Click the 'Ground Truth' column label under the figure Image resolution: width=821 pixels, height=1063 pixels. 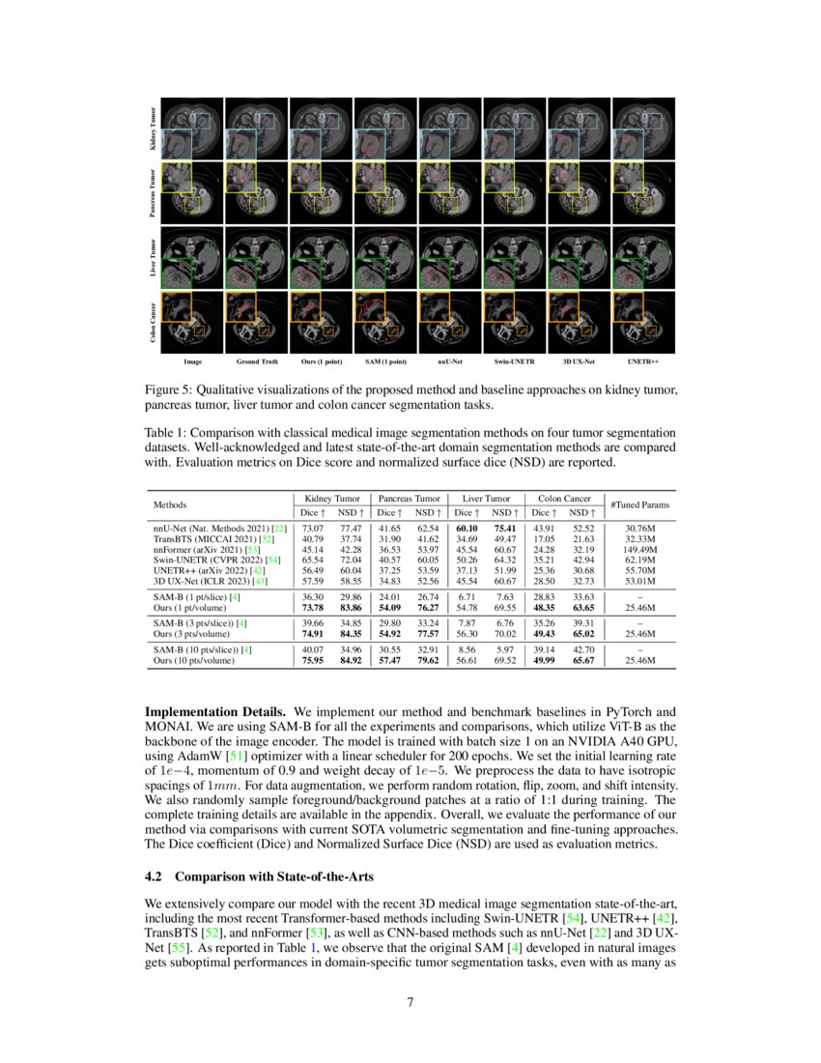point(257,362)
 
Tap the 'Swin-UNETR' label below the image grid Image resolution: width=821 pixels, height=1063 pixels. point(513,362)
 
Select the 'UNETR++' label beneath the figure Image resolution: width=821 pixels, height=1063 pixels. point(642,362)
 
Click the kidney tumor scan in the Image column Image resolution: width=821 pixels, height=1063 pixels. point(192,129)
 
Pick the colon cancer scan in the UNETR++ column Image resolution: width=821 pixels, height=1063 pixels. point(642,321)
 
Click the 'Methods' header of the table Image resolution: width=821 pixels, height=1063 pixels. point(170,504)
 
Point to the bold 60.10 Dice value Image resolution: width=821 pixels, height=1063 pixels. point(467,528)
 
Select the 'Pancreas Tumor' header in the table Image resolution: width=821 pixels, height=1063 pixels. point(410,498)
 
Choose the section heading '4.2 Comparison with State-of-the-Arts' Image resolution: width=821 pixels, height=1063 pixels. point(258,877)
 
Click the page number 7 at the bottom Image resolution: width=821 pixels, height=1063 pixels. point(410,1001)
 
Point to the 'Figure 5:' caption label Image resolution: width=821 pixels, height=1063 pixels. point(171,389)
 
